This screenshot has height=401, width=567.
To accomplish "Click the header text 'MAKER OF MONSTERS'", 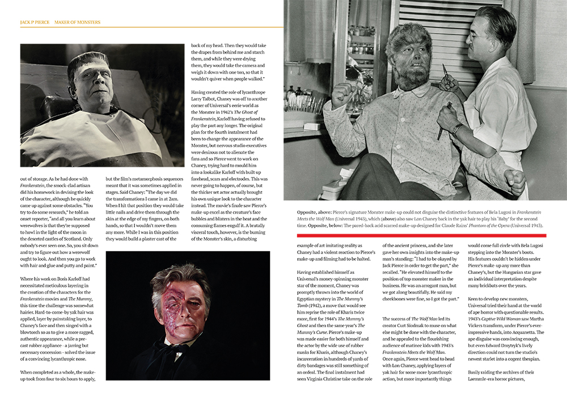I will point(77,22).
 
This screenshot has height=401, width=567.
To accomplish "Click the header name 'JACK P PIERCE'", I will point(34,22).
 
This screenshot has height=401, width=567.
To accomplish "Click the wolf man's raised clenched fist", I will point(340,94).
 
